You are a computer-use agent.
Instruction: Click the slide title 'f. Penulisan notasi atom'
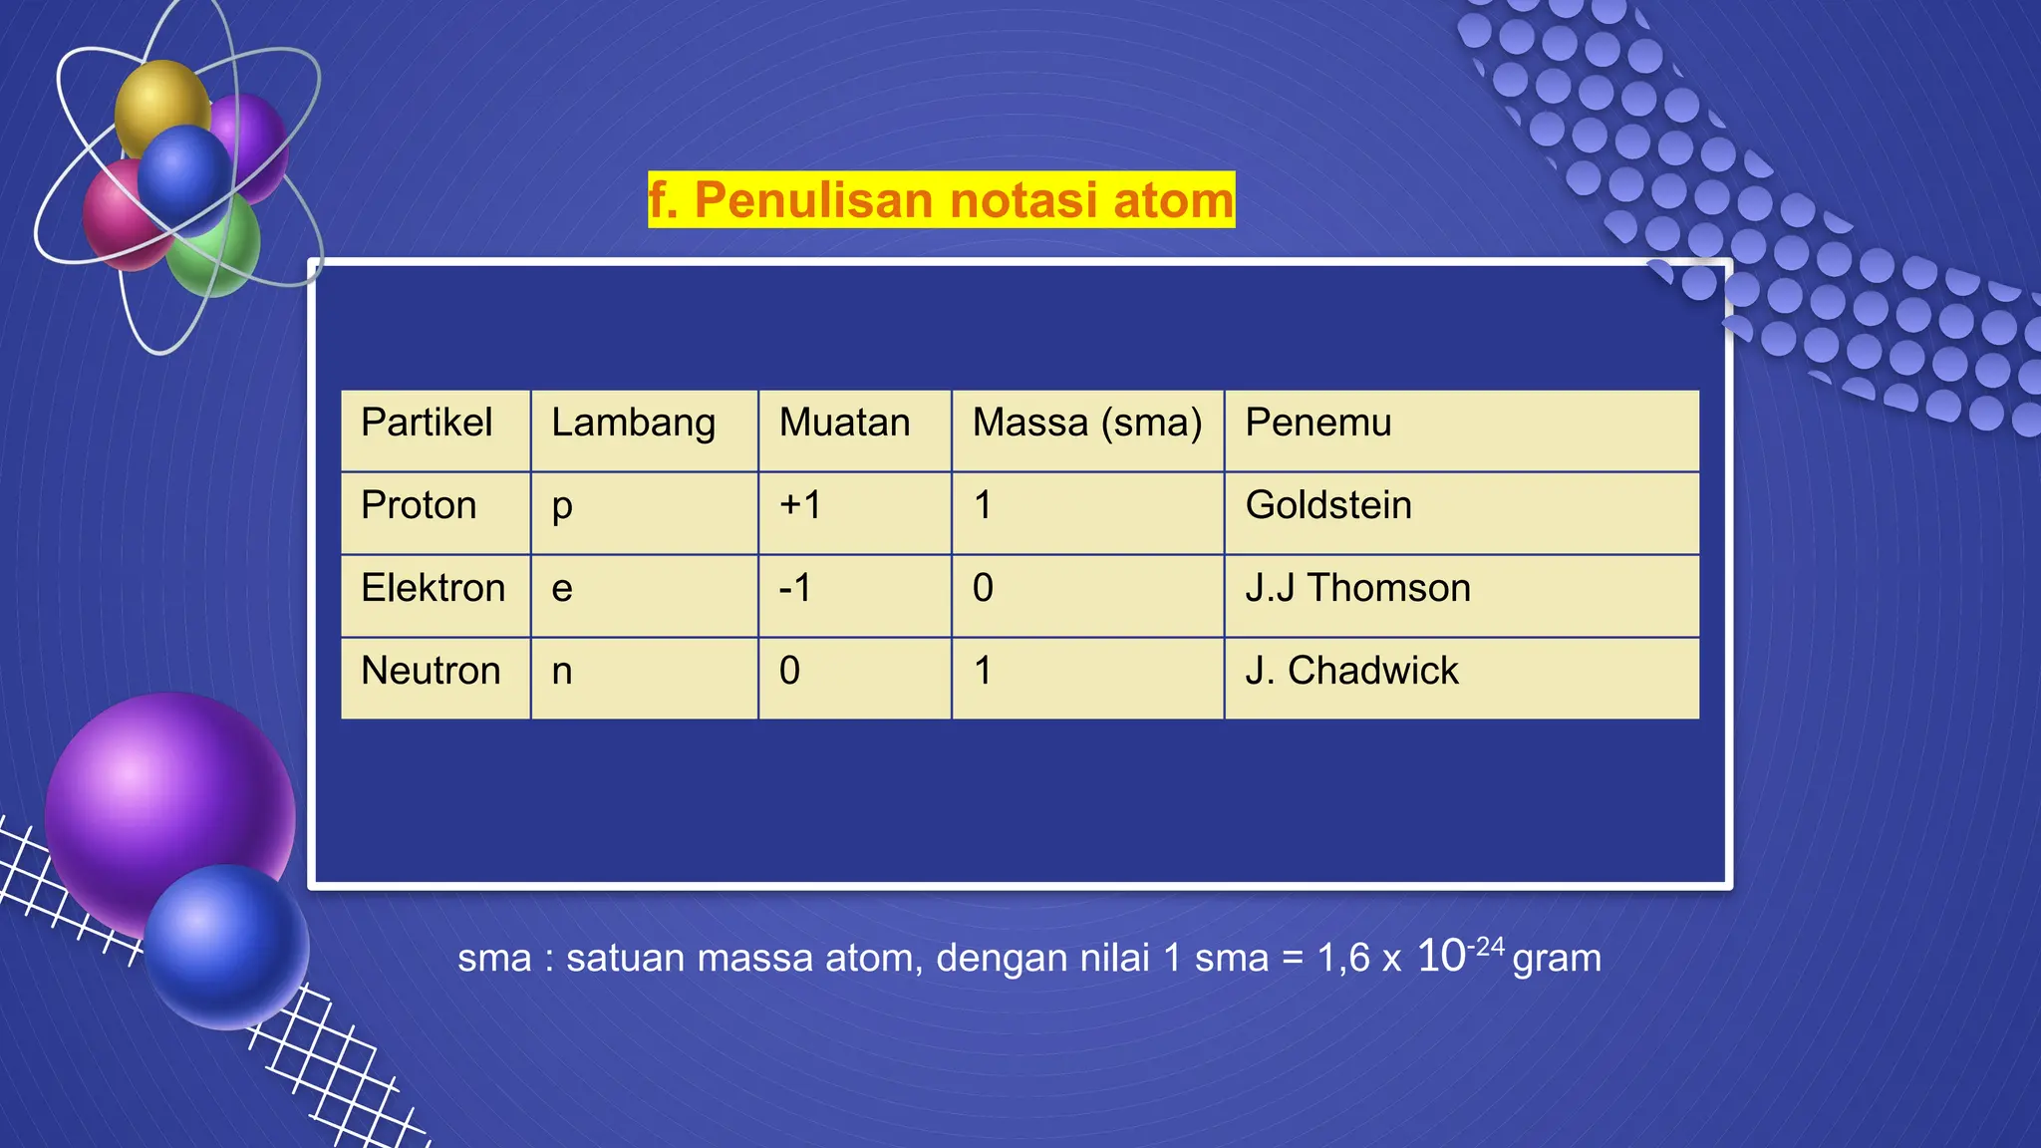[941, 199]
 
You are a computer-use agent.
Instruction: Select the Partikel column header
[427, 423]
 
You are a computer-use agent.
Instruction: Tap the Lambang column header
[633, 423]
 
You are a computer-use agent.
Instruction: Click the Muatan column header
[844, 423]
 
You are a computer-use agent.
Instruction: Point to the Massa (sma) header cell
[1086, 423]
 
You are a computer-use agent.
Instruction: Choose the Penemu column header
[1317, 423]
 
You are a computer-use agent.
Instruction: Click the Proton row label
[419, 505]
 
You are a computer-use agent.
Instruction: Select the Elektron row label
[433, 588]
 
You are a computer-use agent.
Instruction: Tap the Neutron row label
[431, 671]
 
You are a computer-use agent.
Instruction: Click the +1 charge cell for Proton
[800, 505]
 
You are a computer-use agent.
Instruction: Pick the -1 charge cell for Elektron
[795, 588]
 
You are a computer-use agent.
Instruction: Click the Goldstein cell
[1327, 505]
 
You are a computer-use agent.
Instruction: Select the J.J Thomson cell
[1357, 588]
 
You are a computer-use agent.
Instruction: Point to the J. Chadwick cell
[1351, 671]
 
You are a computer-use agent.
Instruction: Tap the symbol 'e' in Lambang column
[562, 588]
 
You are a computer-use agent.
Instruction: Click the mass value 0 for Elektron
[983, 588]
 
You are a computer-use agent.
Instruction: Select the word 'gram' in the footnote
[1557, 958]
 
